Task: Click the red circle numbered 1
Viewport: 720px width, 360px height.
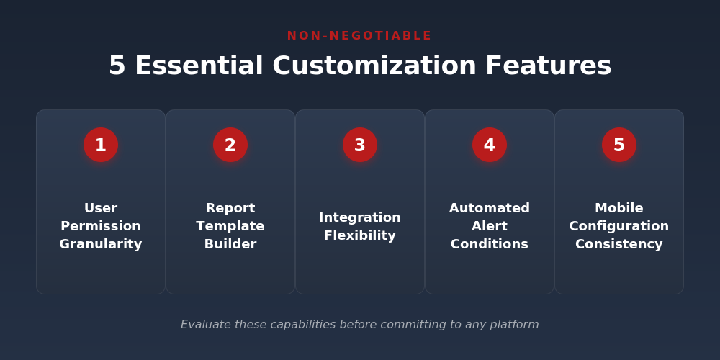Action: click(101, 145)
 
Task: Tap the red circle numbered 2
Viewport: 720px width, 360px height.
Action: click(230, 145)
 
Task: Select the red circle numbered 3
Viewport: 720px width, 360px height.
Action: click(360, 145)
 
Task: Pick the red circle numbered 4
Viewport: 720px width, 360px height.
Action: click(490, 145)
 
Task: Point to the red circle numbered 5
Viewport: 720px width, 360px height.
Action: click(619, 145)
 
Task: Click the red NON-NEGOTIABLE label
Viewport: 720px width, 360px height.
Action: click(359, 36)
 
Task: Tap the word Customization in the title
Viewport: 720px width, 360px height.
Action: click(374, 66)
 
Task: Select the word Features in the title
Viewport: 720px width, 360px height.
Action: click(548, 66)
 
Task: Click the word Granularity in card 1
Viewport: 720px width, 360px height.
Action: click(101, 244)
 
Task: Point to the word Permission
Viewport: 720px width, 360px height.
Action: click(101, 226)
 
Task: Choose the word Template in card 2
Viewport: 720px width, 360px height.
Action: click(230, 226)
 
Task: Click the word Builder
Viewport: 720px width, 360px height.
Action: click(230, 244)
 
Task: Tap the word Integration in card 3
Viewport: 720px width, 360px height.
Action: click(360, 217)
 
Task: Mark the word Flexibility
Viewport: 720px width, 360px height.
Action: click(360, 235)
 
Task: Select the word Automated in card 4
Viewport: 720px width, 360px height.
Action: click(490, 208)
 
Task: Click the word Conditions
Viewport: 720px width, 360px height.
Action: click(490, 244)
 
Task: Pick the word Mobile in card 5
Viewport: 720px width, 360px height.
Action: click(619, 208)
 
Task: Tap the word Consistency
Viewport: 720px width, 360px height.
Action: click(619, 244)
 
